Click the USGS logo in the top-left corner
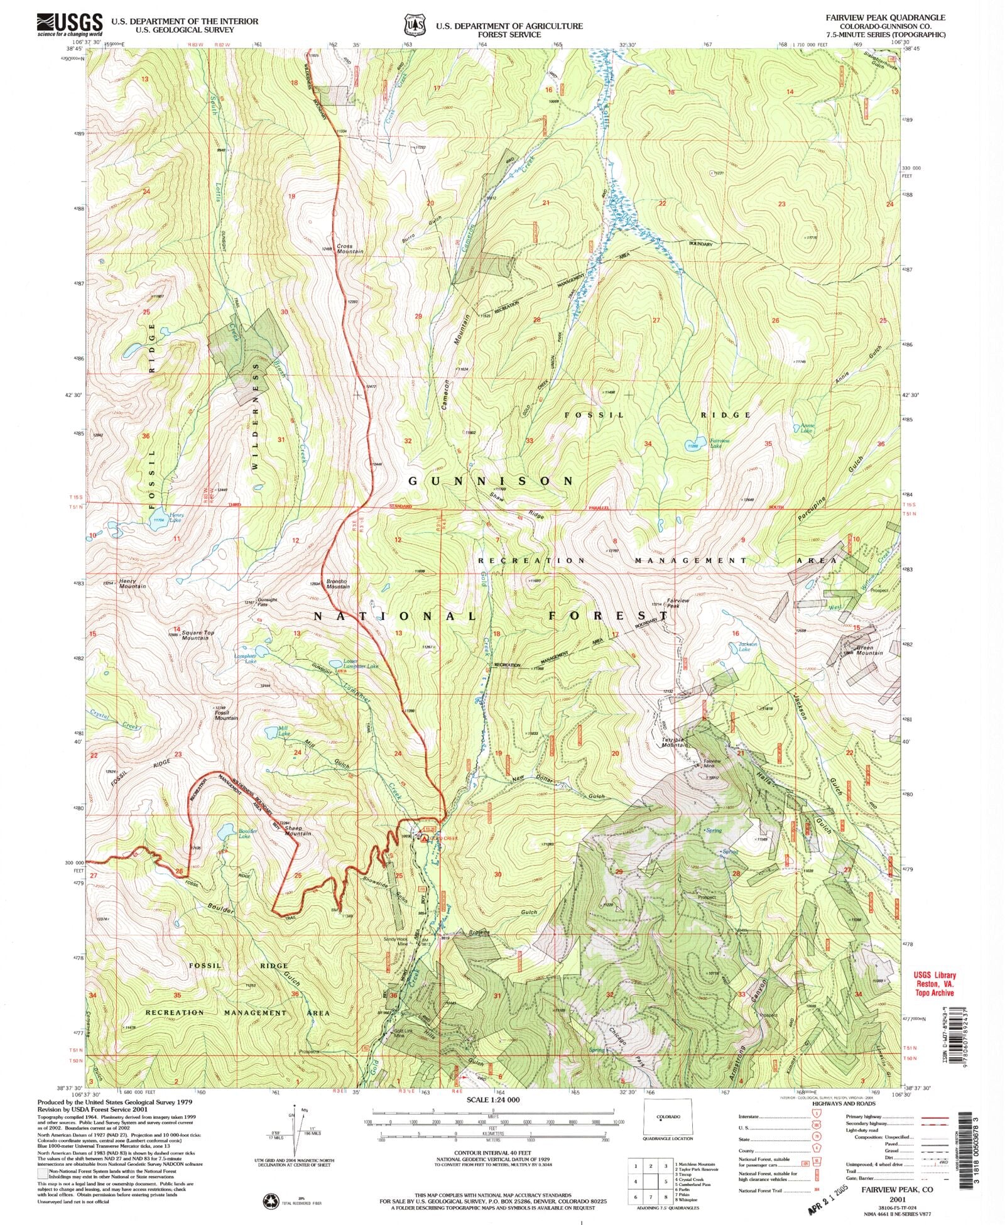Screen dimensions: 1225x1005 coord(70,25)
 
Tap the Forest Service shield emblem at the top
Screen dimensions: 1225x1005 coord(413,24)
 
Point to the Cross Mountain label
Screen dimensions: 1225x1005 coord(350,249)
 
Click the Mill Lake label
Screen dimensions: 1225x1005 coord(284,731)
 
